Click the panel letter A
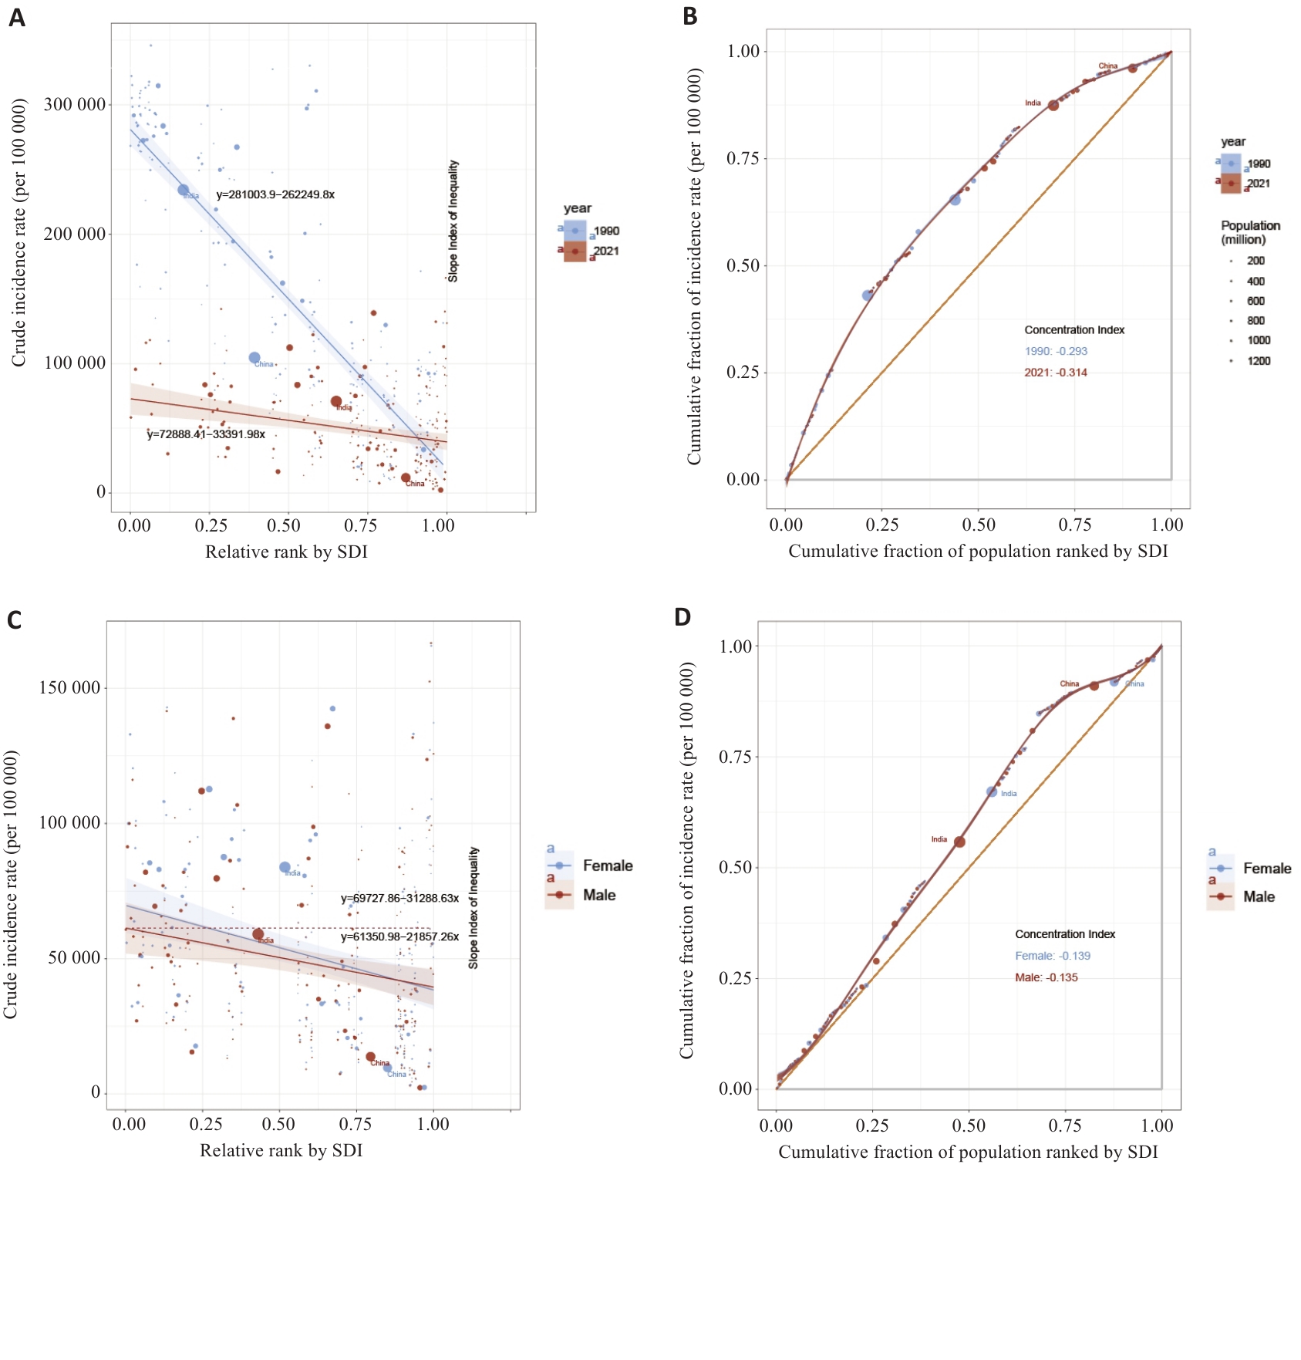pos(17,17)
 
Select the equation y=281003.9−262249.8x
pos(275,194)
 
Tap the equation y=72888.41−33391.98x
pos(206,434)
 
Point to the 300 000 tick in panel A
pos(75,104)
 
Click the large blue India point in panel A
pos(184,190)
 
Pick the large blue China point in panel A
pos(254,358)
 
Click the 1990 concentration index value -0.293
pos(1056,351)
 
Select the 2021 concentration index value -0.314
pos(1056,373)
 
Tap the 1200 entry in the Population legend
pos(1259,361)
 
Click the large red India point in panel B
pos(1053,106)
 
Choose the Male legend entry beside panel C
pos(598,895)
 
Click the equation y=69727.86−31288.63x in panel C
pos(399,898)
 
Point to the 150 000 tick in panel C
pos(70,687)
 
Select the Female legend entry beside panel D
pos(1266,869)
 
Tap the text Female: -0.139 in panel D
pos(1053,956)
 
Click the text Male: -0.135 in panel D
pos(1047,977)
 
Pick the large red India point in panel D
pos(959,842)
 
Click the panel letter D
pos(683,617)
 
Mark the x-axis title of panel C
pos(281,1150)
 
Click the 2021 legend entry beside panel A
pos(605,251)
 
